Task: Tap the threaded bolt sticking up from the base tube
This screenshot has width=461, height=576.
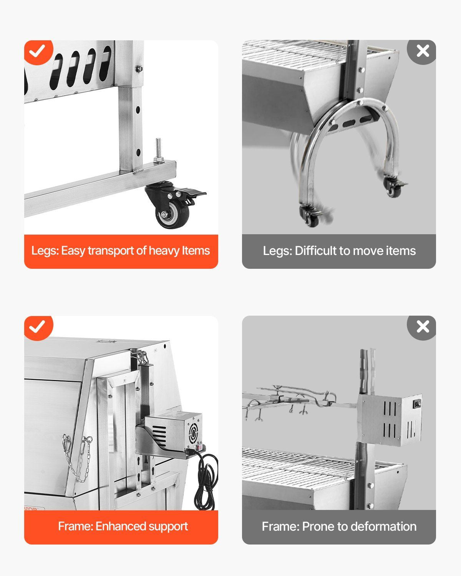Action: pyautogui.click(x=158, y=150)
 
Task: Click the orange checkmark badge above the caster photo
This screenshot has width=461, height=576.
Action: pyautogui.click(x=38, y=52)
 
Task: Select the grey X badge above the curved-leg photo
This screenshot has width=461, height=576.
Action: pyautogui.click(x=422, y=52)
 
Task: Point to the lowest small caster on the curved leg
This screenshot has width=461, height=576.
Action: pyautogui.click(x=310, y=216)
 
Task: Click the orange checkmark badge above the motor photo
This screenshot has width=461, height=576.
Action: pyautogui.click(x=38, y=328)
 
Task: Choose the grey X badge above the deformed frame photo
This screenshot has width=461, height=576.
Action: pyautogui.click(x=422, y=328)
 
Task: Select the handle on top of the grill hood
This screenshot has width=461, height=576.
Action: pyautogui.click(x=106, y=341)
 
